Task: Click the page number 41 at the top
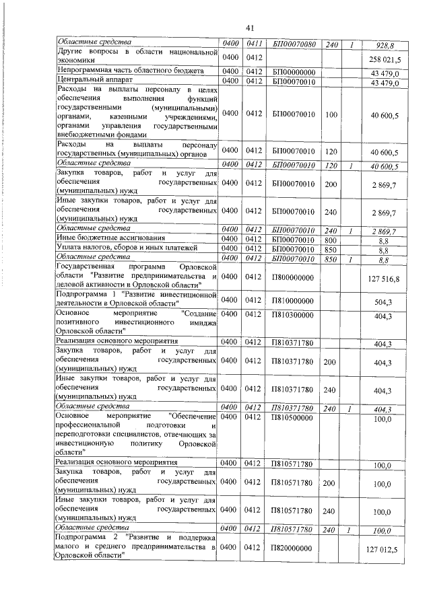248,28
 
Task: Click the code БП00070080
294,44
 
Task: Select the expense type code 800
331,238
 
